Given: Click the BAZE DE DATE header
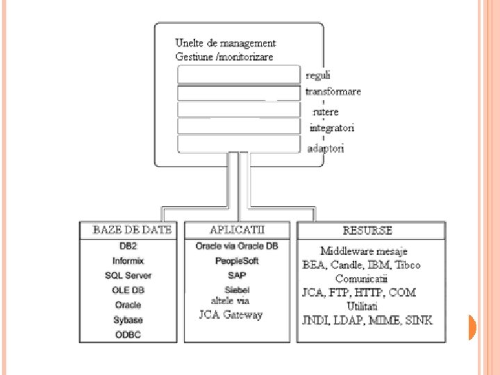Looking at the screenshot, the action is click(132, 230).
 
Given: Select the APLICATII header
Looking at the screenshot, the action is click(237, 229).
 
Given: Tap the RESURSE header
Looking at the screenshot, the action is click(367, 231).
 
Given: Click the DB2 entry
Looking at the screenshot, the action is click(128, 247).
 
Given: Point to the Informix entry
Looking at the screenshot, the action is click(128, 261).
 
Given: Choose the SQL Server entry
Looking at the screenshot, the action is click(128, 276).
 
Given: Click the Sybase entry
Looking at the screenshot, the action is click(128, 320).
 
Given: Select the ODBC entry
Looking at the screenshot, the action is click(128, 335).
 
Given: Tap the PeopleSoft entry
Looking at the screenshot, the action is click(237, 261).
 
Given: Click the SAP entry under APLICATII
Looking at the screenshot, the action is click(237, 276).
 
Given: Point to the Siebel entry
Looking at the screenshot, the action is click(237, 290).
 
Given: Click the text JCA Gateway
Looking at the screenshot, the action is click(226, 315).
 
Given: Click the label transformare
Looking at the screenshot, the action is click(333, 92).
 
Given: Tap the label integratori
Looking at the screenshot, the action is click(332, 128).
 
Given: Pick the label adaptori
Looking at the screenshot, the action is click(326, 148).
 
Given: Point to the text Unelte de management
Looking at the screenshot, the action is click(226, 44).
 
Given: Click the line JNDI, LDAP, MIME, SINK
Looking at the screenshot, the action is click(367, 320).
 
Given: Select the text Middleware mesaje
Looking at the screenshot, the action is click(364, 251).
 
